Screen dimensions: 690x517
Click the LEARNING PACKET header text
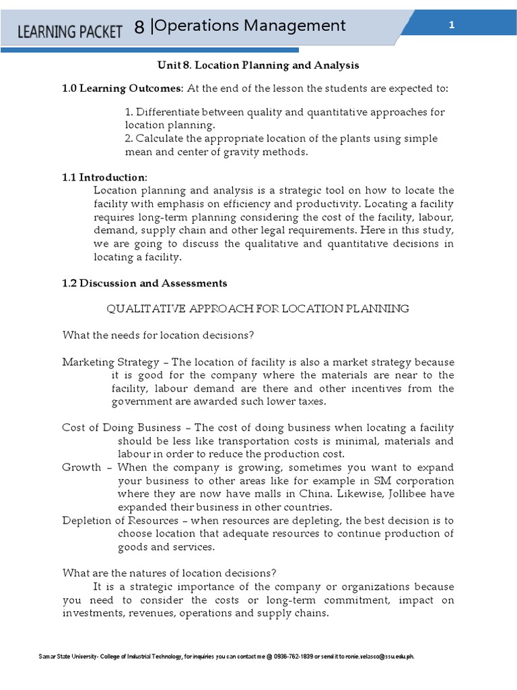[x=69, y=31]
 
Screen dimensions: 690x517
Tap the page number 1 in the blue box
[x=452, y=25]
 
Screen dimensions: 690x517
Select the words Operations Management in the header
[x=250, y=26]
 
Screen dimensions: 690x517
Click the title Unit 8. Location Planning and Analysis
[x=258, y=65]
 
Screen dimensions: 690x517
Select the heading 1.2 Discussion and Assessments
[x=145, y=283]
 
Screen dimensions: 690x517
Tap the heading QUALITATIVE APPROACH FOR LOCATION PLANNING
[x=258, y=309]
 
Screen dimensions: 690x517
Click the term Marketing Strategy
[x=111, y=362]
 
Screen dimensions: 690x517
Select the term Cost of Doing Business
[x=121, y=428]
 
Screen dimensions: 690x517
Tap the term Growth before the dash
[x=81, y=468]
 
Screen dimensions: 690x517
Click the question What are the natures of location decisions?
[x=169, y=573]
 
